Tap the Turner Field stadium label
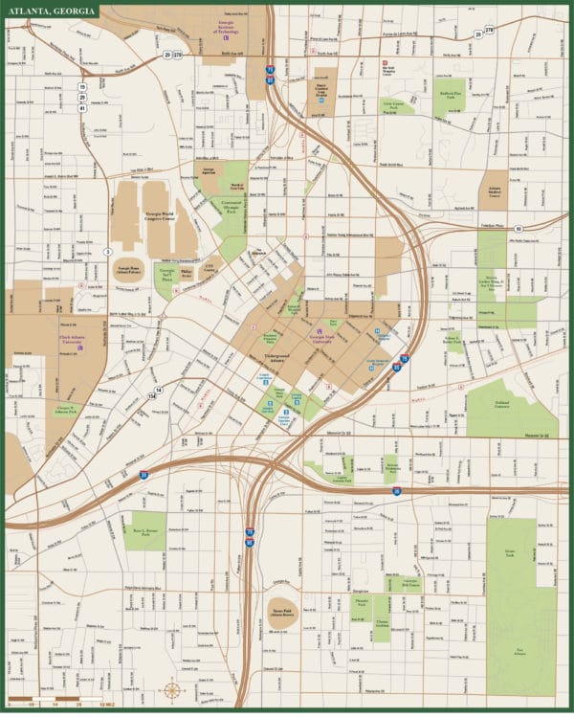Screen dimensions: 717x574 coord(279,612)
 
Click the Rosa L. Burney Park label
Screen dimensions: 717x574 coord(143,530)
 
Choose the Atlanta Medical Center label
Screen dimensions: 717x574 coord(495,188)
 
